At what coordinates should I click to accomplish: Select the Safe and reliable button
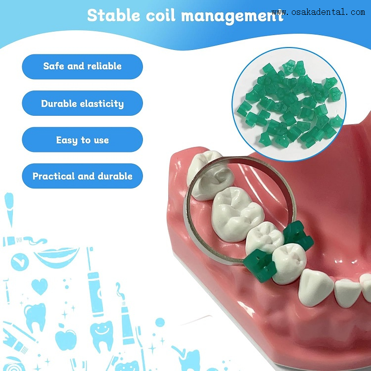(82, 66)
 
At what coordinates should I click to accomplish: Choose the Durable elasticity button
(82, 104)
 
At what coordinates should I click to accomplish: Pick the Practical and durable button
(82, 176)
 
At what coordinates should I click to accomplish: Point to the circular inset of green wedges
(289, 104)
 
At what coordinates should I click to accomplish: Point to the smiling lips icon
(57, 256)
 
